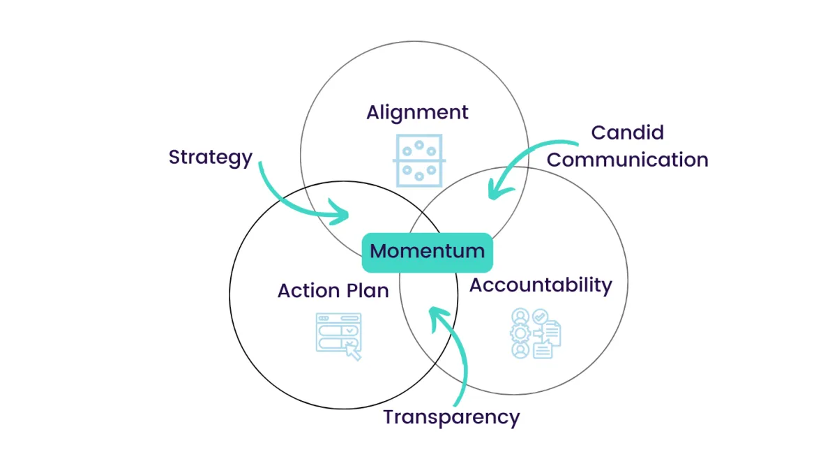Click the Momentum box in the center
427,252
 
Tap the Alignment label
417,112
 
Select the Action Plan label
333,290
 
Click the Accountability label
541,285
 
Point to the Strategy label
210,157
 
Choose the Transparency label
451,417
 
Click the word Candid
627,132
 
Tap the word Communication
627,160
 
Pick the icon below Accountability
535,333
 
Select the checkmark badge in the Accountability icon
538,317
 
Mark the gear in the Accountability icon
519,333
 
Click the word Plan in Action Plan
367,290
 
